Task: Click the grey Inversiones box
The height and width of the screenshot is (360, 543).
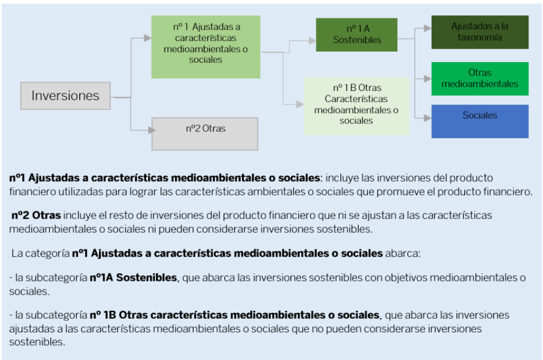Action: click(x=66, y=96)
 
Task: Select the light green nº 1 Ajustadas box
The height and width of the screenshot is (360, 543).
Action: click(x=206, y=47)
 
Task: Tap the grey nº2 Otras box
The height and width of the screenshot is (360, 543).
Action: click(x=205, y=134)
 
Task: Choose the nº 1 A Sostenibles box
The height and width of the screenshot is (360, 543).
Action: click(x=357, y=35)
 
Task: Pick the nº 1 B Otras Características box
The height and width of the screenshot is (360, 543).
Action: click(x=356, y=106)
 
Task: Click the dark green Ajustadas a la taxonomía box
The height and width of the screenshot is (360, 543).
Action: click(x=480, y=32)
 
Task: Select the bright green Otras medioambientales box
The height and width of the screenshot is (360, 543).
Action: click(x=480, y=79)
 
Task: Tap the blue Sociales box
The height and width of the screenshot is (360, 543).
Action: click(x=480, y=121)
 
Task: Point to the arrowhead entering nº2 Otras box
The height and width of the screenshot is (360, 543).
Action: click(x=152, y=130)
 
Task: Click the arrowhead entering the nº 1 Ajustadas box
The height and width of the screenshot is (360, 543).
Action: click(x=148, y=37)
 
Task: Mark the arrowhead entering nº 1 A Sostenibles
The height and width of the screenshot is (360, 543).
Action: click(x=313, y=41)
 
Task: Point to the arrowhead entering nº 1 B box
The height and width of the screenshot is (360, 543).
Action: click(x=300, y=104)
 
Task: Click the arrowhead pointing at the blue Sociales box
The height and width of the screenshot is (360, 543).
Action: click(x=428, y=118)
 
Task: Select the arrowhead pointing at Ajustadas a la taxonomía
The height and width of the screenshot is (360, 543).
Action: click(x=428, y=28)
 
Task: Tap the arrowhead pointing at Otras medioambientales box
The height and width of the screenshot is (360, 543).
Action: click(x=428, y=79)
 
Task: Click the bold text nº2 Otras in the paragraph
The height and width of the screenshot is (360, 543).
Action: click(x=36, y=215)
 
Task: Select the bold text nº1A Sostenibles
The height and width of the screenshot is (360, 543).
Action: click(x=133, y=278)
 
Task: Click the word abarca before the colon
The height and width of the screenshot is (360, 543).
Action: click(x=401, y=253)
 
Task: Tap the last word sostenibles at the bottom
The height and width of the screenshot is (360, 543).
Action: click(x=36, y=342)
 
